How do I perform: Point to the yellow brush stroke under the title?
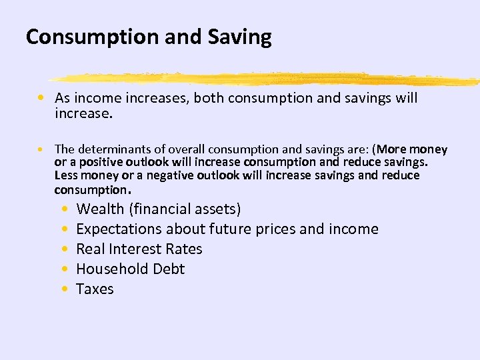click(x=267, y=79)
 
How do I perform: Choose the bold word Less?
click(x=67, y=175)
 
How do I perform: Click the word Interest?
click(x=137, y=249)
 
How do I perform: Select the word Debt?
click(x=168, y=269)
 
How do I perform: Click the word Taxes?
click(x=95, y=289)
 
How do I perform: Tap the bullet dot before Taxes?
click(x=63, y=289)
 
